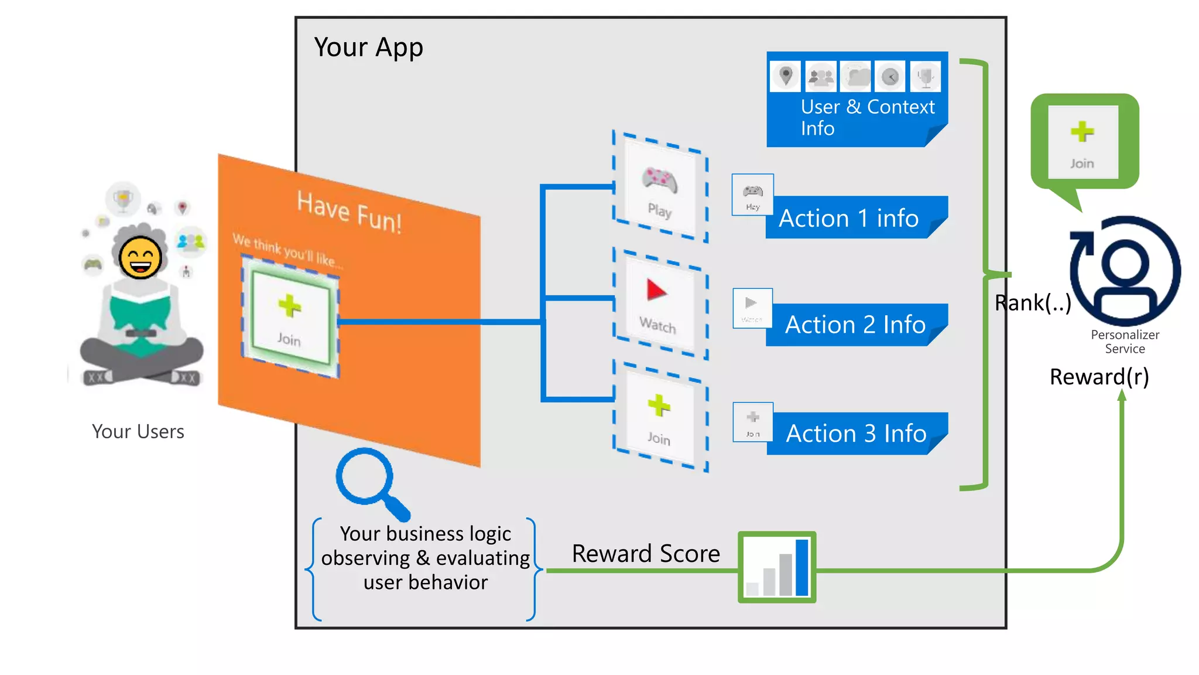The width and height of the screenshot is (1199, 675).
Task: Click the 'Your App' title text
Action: [x=368, y=47]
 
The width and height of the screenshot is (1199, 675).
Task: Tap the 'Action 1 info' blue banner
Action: [x=849, y=218]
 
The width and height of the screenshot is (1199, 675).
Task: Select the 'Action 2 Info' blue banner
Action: [x=855, y=325]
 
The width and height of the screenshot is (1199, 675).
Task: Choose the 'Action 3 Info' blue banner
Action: [x=856, y=434]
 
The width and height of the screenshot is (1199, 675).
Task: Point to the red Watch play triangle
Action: [x=655, y=290]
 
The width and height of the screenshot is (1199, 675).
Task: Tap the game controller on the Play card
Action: [x=660, y=179]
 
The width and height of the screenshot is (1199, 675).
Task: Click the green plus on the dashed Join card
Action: [x=659, y=405]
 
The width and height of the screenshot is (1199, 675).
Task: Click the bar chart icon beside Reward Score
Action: [x=777, y=567]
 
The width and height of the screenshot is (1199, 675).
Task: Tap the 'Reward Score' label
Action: [x=645, y=554]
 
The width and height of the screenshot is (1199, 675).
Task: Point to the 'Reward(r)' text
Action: [x=1099, y=377]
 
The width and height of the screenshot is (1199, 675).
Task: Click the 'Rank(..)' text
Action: [x=1033, y=303]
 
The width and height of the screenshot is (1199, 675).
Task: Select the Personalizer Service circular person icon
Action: [x=1125, y=271]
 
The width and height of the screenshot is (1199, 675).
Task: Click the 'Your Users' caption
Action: [x=138, y=432]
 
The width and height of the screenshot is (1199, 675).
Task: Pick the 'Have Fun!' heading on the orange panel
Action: [x=349, y=212]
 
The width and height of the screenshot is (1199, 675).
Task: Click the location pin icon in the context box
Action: [x=786, y=76]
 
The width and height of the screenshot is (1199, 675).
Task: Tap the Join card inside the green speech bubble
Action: [x=1082, y=142]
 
